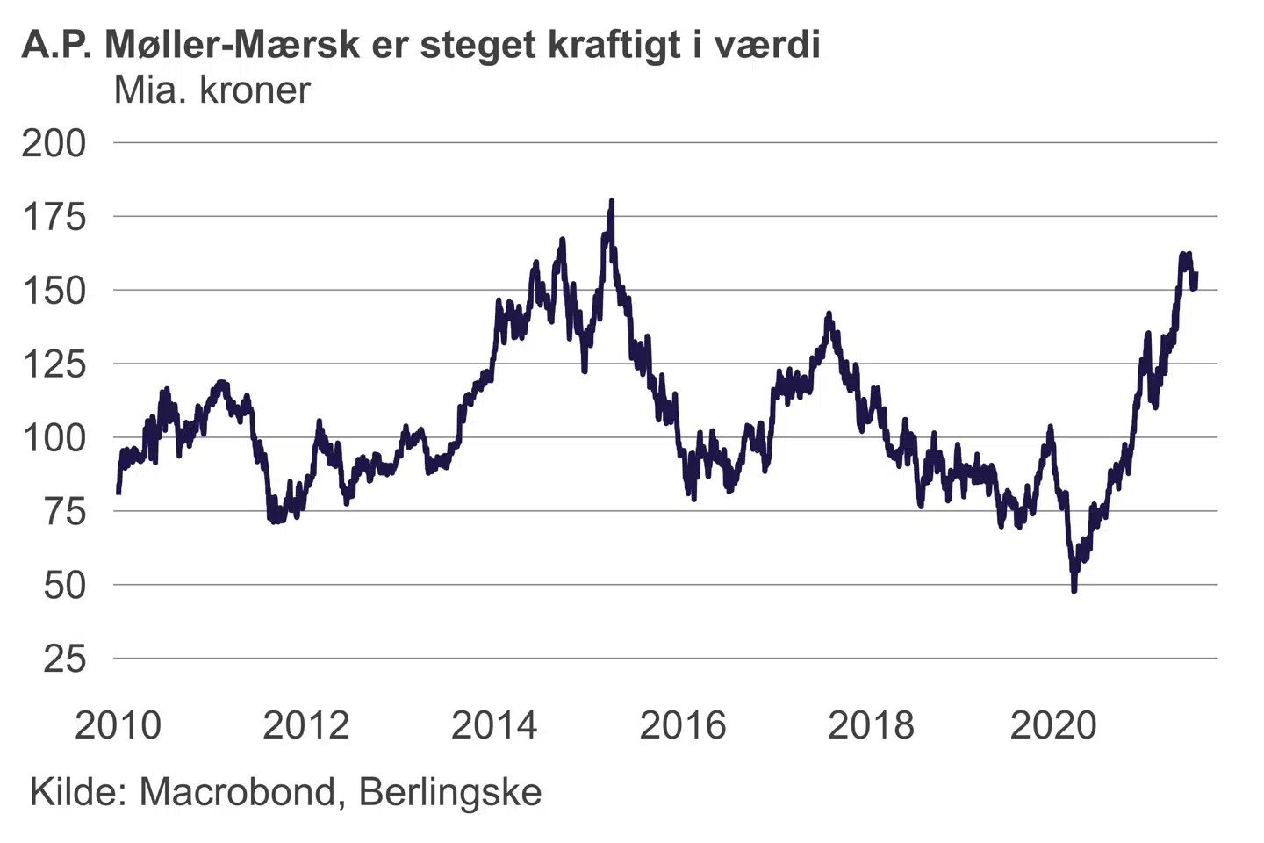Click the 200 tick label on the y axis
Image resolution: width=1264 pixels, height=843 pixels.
point(54,143)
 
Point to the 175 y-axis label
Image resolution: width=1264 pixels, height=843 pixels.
point(54,217)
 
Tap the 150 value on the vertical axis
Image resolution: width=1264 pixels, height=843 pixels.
point(54,291)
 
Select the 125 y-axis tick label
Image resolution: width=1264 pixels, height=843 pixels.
point(54,364)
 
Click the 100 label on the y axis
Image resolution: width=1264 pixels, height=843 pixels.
point(54,438)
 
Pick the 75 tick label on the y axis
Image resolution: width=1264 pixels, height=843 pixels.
point(64,512)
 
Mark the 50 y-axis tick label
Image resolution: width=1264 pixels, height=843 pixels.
point(64,586)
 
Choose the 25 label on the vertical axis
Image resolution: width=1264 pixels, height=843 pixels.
point(64,659)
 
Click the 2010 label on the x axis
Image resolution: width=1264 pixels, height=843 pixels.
point(118,725)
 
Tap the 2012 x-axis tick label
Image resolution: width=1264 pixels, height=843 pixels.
point(306,725)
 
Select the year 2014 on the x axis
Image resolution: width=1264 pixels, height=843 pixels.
point(494,725)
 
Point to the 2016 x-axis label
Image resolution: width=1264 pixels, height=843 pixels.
point(683,725)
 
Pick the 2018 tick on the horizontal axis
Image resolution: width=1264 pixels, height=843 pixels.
point(871,725)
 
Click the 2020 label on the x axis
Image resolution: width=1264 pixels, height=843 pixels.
point(1053,725)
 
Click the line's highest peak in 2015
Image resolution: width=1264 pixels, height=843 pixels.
point(611,202)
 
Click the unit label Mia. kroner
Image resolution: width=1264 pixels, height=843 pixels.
point(212,90)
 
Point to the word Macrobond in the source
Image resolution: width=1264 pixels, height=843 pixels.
point(236,792)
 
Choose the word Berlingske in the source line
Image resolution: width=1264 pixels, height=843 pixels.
point(449,792)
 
